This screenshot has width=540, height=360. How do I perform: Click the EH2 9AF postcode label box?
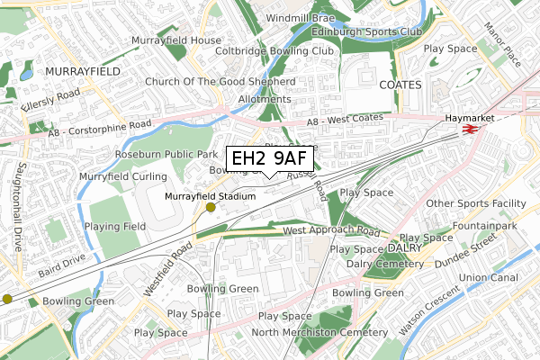(x=270, y=159)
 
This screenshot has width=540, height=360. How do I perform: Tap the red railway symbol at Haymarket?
(x=469, y=130)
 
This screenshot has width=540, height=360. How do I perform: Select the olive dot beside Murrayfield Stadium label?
(x=211, y=207)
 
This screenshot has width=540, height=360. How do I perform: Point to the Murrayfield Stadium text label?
(x=210, y=195)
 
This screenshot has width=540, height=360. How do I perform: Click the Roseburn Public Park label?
(x=161, y=154)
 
